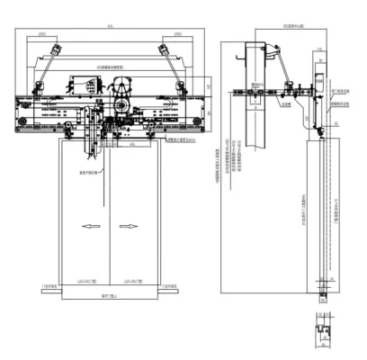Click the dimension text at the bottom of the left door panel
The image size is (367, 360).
point(86,280)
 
